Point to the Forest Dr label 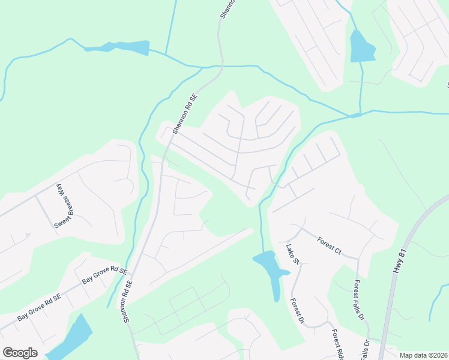tap(298, 311)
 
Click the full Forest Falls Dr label tap(360, 300)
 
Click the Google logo tap(20, 353)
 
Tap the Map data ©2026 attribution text tap(423, 355)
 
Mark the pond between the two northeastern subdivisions tap(361, 47)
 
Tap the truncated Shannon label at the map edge tap(223, 9)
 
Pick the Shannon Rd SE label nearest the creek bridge tap(185, 113)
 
